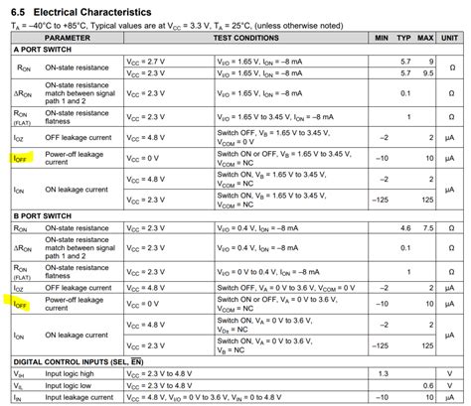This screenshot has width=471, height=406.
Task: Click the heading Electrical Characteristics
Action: [x=85, y=9]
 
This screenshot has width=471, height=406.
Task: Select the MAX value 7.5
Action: [x=426, y=226]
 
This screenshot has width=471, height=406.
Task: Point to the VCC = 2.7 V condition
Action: [x=146, y=62]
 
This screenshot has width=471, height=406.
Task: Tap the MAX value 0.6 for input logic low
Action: [x=427, y=383]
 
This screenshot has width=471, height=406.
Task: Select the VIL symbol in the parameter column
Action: [x=19, y=383]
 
